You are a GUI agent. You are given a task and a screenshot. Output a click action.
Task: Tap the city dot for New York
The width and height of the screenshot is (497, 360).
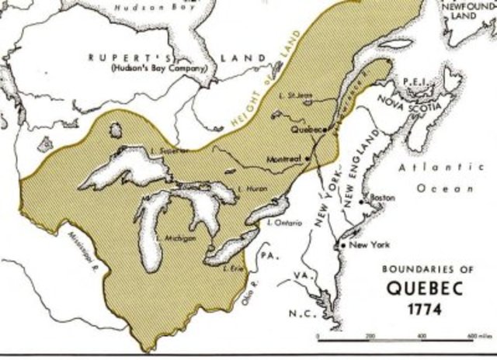tap(343, 246)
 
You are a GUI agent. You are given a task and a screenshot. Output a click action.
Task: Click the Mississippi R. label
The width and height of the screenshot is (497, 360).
tap(80, 247)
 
